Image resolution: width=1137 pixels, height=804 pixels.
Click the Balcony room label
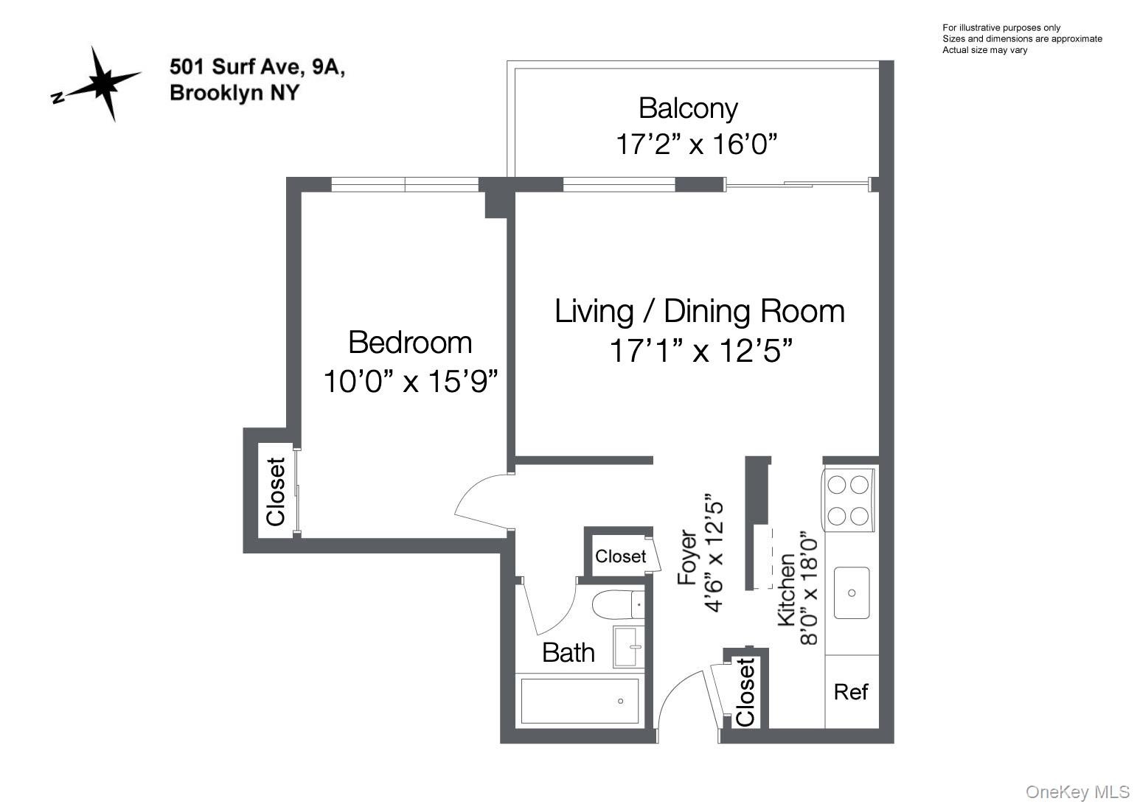[x=688, y=108]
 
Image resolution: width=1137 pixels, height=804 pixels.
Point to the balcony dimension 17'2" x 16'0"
[x=696, y=144]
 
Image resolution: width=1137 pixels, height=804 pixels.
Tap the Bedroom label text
[x=410, y=343]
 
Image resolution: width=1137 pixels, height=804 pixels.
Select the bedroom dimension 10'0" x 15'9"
[x=411, y=382]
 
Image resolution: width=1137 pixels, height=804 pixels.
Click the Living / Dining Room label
[x=700, y=311]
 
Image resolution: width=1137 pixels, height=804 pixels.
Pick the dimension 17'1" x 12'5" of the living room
[x=701, y=351]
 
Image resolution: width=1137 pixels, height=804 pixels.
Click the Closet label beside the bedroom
[x=276, y=492]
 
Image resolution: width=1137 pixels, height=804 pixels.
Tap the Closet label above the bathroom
[x=620, y=556]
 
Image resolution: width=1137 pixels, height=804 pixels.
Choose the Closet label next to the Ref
[x=745, y=692]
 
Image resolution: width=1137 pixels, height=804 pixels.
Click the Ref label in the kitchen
[x=851, y=692]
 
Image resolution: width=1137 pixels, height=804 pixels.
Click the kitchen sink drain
[x=852, y=593]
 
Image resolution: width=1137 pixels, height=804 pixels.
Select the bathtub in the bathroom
[x=580, y=701]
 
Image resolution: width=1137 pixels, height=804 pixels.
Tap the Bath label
[x=568, y=653]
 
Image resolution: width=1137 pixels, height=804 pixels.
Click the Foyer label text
[x=688, y=557]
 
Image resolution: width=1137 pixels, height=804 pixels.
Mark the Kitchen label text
[x=786, y=590]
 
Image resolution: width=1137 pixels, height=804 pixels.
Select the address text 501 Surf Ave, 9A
[x=257, y=66]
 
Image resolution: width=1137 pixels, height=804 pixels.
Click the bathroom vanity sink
[x=629, y=647]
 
